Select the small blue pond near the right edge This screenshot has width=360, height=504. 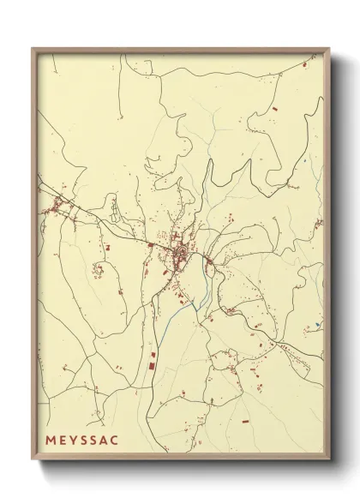(316, 325)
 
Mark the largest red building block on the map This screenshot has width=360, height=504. (153, 366)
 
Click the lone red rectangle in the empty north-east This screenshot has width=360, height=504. (275, 111)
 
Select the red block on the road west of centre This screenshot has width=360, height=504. (151, 246)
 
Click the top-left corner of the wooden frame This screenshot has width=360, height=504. (33, 48)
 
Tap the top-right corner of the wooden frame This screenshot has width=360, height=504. (331, 48)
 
